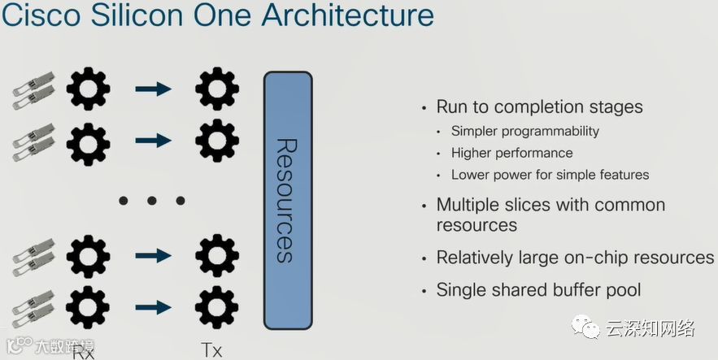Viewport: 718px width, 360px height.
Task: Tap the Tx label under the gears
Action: [211, 350]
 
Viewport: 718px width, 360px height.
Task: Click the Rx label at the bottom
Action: [85, 352]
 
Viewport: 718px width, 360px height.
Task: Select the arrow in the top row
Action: [153, 89]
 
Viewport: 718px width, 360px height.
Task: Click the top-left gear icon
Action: [87, 89]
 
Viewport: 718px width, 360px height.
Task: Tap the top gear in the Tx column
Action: [217, 89]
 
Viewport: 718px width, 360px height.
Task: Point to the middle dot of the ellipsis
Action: [152, 200]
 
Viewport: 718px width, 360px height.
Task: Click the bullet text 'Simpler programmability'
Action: [525, 131]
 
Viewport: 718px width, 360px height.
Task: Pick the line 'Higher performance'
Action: [512, 153]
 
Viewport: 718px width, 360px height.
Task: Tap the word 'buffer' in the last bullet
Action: [569, 289]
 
